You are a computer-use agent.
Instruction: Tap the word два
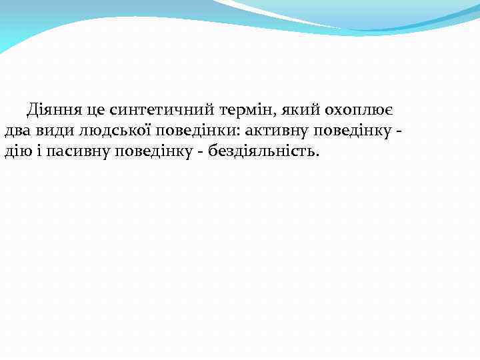(17, 130)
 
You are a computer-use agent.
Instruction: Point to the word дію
(17, 151)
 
